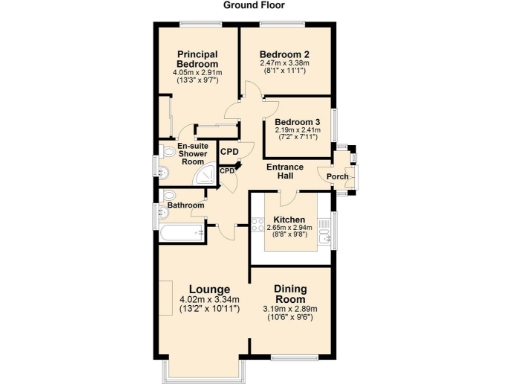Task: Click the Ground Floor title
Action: pyautogui.click(x=255, y=6)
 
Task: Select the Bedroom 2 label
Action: pyautogui.click(x=283, y=54)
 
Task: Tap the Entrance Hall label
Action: pyautogui.click(x=284, y=172)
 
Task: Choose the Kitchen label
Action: pyautogui.click(x=289, y=219)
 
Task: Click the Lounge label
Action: pyautogui.click(x=207, y=290)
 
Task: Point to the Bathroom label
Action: pyautogui.click(x=184, y=205)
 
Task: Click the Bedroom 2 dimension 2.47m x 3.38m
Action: pyautogui.click(x=283, y=63)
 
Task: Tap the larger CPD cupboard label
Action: pyautogui.click(x=229, y=151)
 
